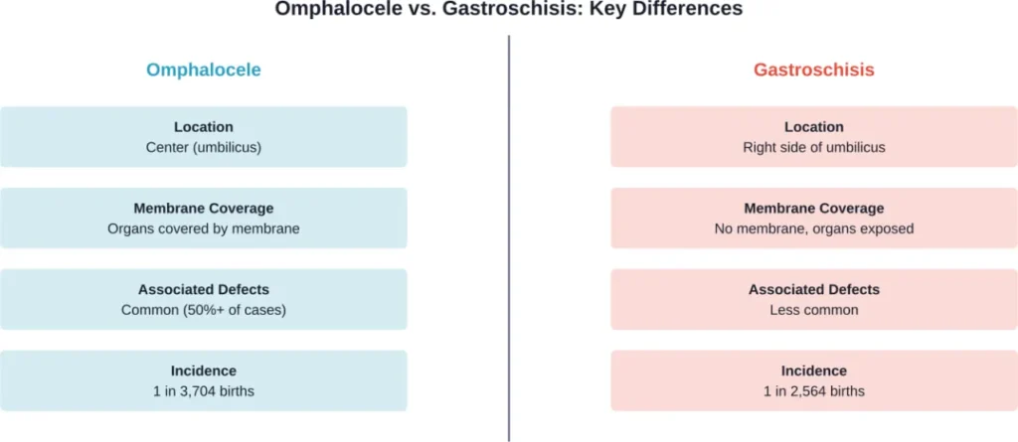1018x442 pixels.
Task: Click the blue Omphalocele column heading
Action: pos(203,70)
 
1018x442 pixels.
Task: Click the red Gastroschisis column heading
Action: pos(813,70)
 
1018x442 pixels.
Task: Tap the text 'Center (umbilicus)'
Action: pos(203,147)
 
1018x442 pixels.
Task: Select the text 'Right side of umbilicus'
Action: pos(813,147)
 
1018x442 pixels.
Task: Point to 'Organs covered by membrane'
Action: pos(203,228)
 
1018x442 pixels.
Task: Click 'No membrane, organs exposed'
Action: pos(813,228)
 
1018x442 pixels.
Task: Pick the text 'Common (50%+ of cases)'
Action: pos(203,310)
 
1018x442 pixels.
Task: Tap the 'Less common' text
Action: pos(813,310)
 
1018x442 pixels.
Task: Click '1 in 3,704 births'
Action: pos(203,391)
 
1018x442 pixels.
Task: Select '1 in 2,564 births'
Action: pos(813,391)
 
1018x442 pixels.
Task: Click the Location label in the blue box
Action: pos(203,127)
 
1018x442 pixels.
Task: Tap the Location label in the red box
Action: pos(813,127)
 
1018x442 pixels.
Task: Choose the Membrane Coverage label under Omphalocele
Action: pos(203,209)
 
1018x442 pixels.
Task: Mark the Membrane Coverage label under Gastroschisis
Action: pos(813,209)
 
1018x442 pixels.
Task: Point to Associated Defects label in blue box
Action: pos(203,290)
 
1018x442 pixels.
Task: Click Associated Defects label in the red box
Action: pos(813,290)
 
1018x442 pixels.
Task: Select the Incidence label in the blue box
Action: pos(203,370)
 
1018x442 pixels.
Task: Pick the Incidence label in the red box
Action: pos(813,370)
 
